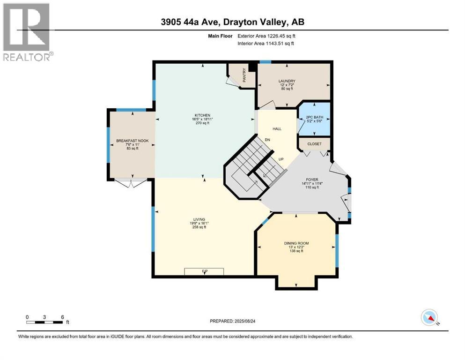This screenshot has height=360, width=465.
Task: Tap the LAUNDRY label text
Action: (287, 81)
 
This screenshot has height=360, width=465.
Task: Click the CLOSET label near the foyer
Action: (314, 144)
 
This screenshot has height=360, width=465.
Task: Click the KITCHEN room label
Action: (203, 115)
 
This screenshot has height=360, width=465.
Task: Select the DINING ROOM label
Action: (296, 243)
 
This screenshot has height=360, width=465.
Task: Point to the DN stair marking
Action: (267, 140)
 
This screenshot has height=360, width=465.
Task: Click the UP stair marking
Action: (281, 159)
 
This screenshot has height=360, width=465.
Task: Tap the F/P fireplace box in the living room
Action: (204, 271)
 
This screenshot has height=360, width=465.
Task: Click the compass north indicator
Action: (429, 317)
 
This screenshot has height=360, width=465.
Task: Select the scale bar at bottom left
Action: (45, 322)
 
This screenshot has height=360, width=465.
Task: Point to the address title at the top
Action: (232, 22)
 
